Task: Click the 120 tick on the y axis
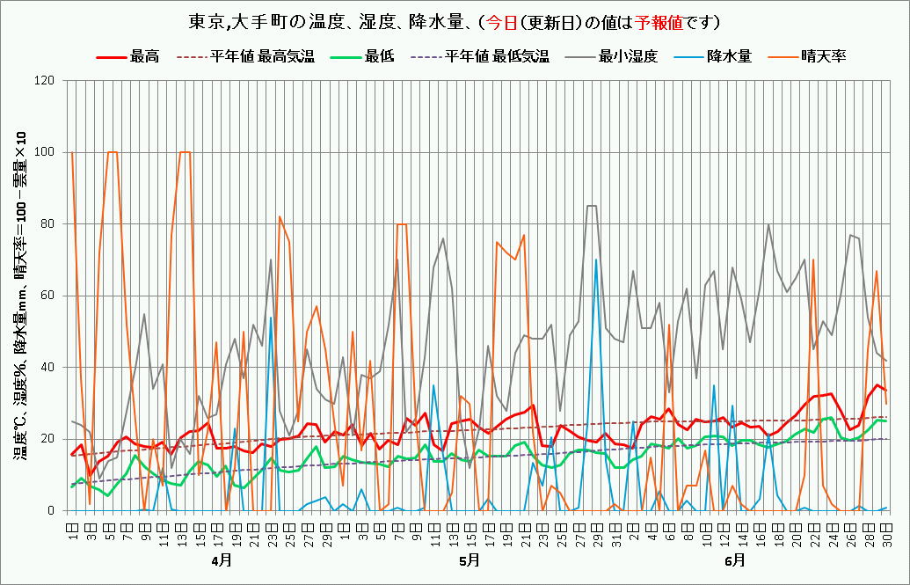[45, 81]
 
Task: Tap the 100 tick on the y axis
[45, 152]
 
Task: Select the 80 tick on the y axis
[47, 224]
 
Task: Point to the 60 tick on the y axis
[47, 296]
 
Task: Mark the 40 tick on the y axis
[47, 368]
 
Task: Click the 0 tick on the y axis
[51, 510]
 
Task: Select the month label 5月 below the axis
[470, 559]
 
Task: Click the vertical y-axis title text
[18, 296]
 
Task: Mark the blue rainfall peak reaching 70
[596, 260]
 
